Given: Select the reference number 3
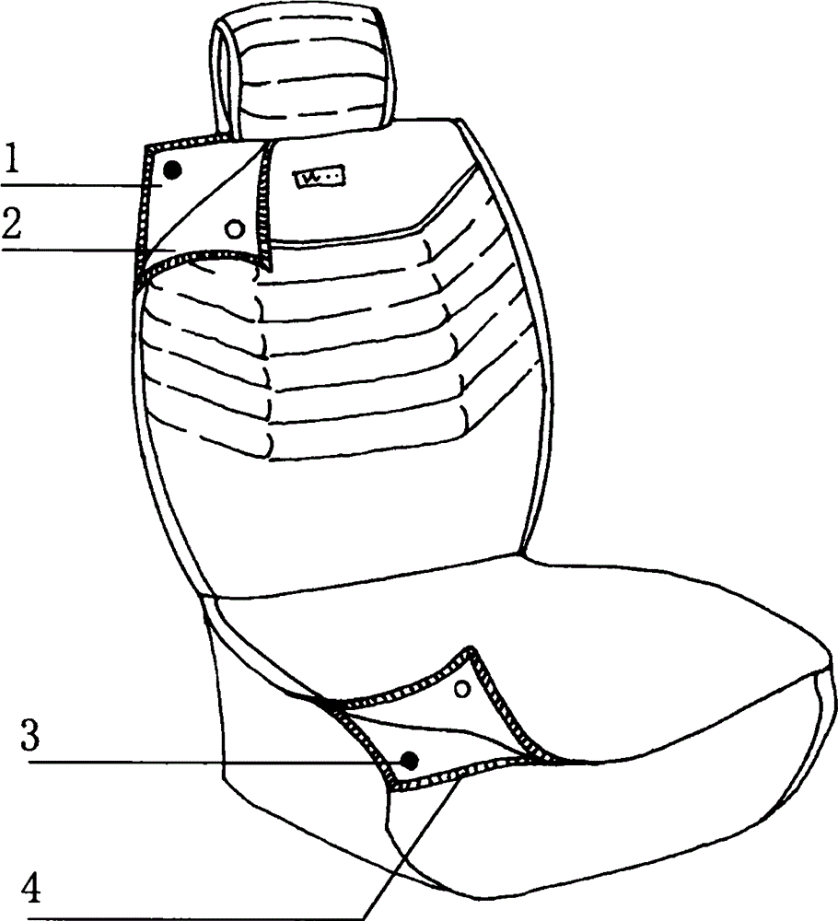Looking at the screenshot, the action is click(30, 735).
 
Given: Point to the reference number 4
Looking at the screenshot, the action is click(30, 890).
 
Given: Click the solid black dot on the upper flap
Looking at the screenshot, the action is click(172, 170).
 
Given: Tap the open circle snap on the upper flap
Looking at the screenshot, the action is click(234, 229).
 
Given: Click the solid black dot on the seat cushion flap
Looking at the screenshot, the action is click(409, 761).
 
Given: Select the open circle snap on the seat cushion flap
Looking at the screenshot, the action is click(463, 688).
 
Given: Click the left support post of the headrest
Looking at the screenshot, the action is click(224, 76).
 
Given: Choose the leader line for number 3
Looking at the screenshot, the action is click(216, 763).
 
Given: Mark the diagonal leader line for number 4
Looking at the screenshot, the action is click(411, 845).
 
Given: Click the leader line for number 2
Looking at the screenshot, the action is click(88, 250).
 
